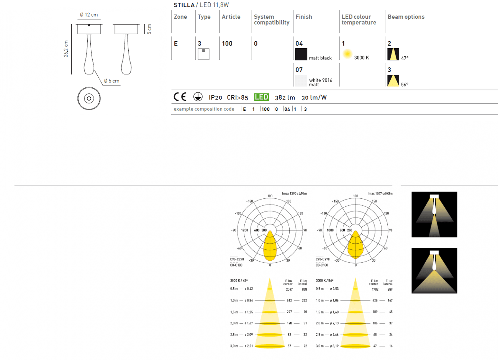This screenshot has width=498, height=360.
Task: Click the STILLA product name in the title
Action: click(x=184, y=5)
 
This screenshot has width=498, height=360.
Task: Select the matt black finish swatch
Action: click(x=301, y=54)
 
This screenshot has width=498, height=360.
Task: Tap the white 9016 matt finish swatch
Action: click(x=301, y=80)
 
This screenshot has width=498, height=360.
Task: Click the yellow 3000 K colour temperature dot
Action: click(x=347, y=54)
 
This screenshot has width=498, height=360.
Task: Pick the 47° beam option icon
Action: click(x=393, y=54)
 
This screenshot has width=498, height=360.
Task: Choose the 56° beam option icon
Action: click(x=393, y=80)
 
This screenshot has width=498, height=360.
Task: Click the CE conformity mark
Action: click(x=180, y=97)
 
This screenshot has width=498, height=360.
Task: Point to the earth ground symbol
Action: click(x=198, y=97)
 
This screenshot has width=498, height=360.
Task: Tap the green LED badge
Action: click(x=261, y=97)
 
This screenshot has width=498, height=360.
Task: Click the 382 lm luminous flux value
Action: click(x=285, y=98)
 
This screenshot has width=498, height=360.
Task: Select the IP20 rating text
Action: click(x=215, y=98)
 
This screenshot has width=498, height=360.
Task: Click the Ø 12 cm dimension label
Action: click(x=89, y=15)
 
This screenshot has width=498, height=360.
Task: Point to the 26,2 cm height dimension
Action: click(x=66, y=49)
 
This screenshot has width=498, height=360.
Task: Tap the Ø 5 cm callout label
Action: click(x=111, y=81)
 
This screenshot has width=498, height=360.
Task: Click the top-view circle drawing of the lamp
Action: click(x=89, y=98)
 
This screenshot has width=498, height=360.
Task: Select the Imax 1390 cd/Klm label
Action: click(x=294, y=194)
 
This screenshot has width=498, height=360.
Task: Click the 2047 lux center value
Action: click(x=289, y=290)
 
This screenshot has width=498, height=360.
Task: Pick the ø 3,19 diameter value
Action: click(x=334, y=346)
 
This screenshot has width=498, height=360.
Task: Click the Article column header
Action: click(x=231, y=17)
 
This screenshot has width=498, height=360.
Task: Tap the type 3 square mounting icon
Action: click(x=203, y=54)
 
